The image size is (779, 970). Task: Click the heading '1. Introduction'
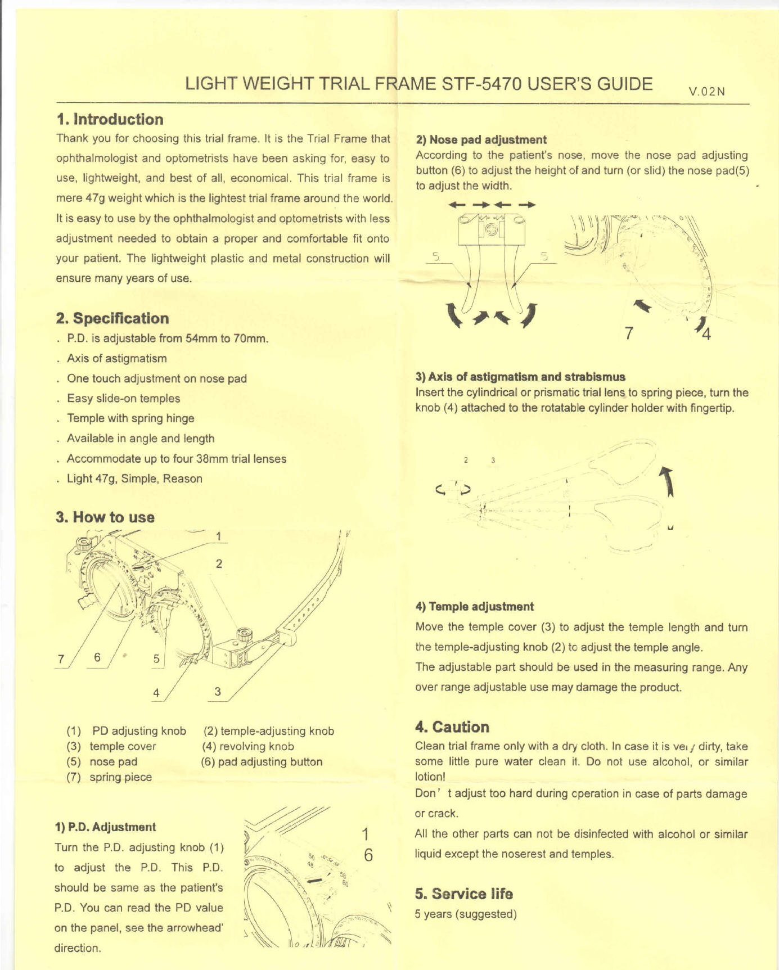(110, 119)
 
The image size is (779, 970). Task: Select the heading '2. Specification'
(112, 318)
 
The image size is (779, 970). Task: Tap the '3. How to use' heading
(105, 517)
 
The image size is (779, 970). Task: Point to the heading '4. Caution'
(452, 727)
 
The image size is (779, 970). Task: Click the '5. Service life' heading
(464, 894)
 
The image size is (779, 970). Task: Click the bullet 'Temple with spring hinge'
(130, 418)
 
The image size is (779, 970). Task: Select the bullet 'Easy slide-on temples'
(124, 399)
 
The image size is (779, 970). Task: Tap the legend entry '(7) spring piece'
(110, 777)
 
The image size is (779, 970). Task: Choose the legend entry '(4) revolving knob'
(248, 746)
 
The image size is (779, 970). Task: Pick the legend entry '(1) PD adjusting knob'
(127, 731)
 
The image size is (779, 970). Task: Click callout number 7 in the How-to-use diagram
(61, 659)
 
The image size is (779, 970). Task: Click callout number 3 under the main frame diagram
(218, 692)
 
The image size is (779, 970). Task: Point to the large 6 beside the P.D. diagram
(368, 855)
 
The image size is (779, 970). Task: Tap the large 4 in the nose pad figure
(706, 334)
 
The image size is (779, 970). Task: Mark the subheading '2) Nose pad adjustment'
(481, 140)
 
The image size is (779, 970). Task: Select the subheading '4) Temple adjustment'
(474, 607)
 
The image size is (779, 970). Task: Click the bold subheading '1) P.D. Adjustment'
(105, 827)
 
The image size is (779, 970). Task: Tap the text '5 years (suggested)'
(466, 914)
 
